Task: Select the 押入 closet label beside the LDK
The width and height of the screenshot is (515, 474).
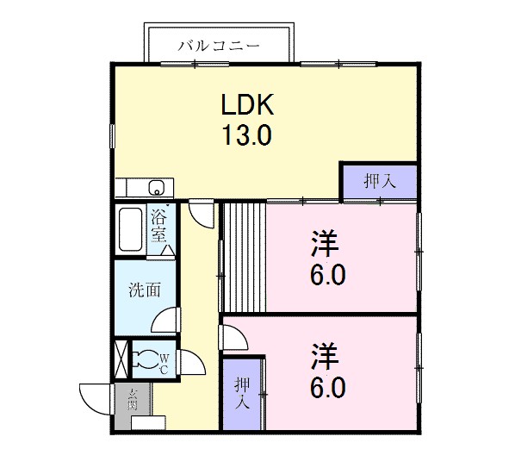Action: coord(379,182)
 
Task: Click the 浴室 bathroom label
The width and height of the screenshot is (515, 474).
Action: coord(158,226)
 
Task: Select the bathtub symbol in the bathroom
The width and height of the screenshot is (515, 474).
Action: coord(131,230)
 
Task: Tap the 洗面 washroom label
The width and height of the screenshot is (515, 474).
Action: coord(145,290)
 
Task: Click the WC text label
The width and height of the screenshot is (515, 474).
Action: coord(165,361)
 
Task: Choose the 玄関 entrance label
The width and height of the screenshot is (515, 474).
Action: coord(133,400)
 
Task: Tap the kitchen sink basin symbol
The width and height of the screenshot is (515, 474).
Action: coord(158,187)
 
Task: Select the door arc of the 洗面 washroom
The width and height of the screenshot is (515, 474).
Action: coord(166,321)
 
